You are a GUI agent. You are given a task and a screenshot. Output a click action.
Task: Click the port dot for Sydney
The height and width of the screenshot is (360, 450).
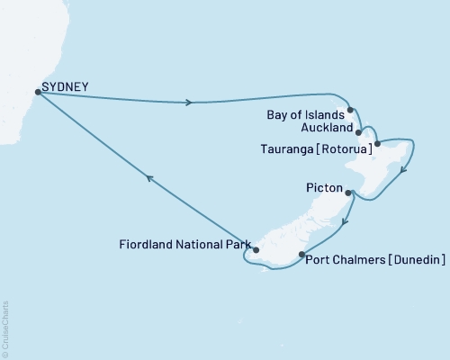(37, 91)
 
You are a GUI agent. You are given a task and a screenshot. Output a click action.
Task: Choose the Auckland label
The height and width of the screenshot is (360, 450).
(321, 128)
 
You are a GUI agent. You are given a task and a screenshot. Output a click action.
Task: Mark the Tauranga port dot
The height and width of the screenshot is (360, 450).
(377, 144)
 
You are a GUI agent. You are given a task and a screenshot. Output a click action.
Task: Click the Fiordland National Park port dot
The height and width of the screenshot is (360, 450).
(256, 250)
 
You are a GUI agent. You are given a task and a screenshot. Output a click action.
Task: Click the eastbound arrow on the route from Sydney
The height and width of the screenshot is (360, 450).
(189, 103)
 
